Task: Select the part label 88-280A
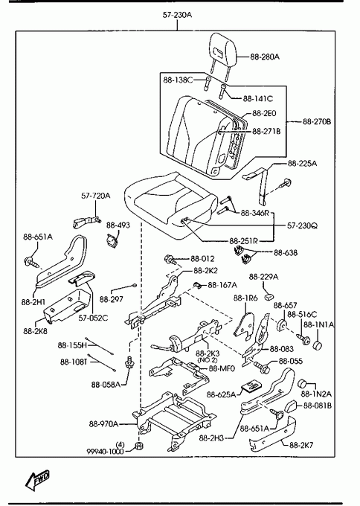pyautogui.click(x=265, y=57)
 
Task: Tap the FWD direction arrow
pyautogui.click(x=37, y=479)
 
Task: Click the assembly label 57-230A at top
pyautogui.click(x=177, y=15)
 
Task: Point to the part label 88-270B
pyautogui.click(x=316, y=121)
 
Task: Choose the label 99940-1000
pyautogui.click(x=105, y=451)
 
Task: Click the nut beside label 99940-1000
pyautogui.click(x=139, y=446)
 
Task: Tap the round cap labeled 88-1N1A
pyautogui.click(x=318, y=345)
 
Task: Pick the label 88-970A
pyautogui.click(x=103, y=423)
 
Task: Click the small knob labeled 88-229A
pyautogui.click(x=269, y=296)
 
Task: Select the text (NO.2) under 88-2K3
pyautogui.click(x=207, y=360)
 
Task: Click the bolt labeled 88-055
pyautogui.click(x=262, y=368)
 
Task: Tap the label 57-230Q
pyautogui.click(x=302, y=225)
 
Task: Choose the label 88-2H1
pyautogui.click(x=33, y=301)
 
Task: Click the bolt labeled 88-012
pyautogui.click(x=170, y=259)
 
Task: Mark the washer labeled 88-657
pyautogui.click(x=282, y=325)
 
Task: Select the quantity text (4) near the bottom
pyautogui.click(x=120, y=445)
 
